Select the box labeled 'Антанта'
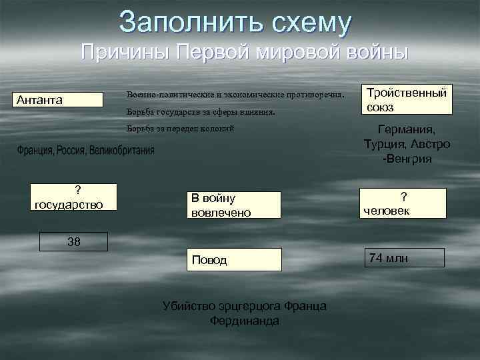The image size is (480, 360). pyautogui.click(x=59, y=100)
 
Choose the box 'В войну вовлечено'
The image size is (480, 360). pyautogui.click(x=233, y=205)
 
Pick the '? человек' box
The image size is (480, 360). pyautogui.click(x=403, y=203)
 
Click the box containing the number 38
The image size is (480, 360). pyautogui.click(x=74, y=241)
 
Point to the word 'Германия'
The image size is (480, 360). pyautogui.click(x=406, y=130)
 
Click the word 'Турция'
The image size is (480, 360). pyautogui.click(x=385, y=145)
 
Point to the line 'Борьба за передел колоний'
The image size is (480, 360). pyautogui.click(x=181, y=128)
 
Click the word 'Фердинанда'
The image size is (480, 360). pyautogui.click(x=245, y=320)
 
